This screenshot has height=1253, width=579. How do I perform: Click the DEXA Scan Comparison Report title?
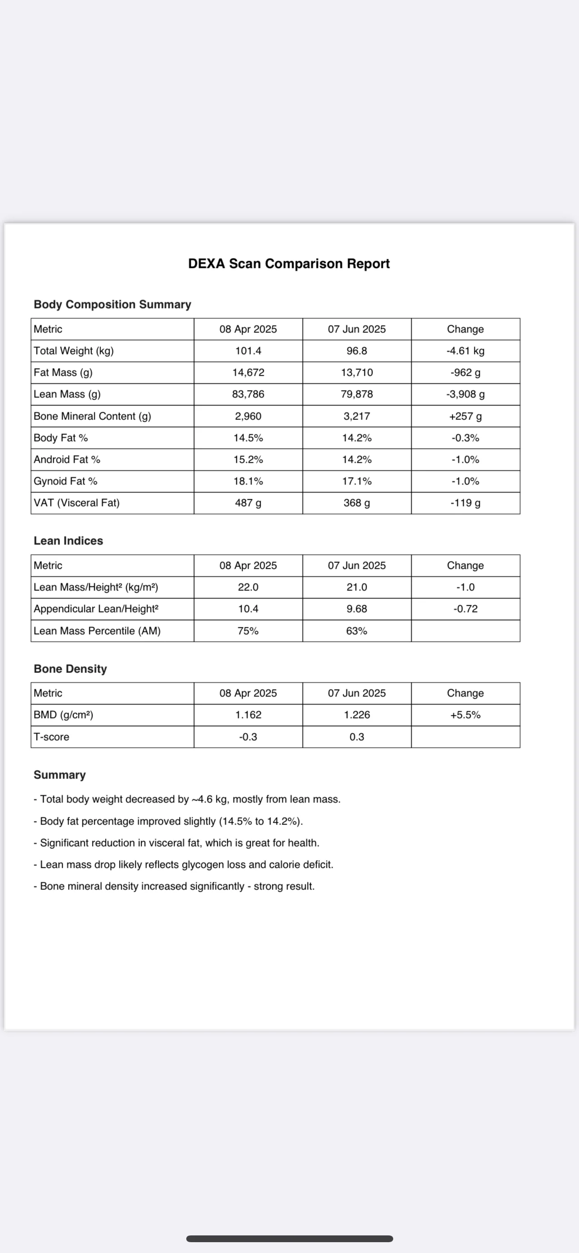tap(289, 264)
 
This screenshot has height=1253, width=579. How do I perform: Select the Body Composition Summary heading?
tap(112, 304)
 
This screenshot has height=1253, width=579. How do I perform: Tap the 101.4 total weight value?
tap(248, 351)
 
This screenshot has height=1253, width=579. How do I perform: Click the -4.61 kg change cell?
tap(465, 351)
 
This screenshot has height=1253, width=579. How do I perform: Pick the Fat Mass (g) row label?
tap(63, 373)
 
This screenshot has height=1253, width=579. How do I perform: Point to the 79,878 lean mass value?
tap(357, 394)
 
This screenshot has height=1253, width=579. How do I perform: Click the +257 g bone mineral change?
tap(465, 416)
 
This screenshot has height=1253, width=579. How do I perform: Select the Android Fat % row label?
tap(67, 460)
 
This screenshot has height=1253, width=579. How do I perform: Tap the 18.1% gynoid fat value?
tap(248, 481)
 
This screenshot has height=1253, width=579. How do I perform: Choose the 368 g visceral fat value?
tap(357, 503)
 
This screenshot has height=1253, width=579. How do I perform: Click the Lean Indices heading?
tap(69, 541)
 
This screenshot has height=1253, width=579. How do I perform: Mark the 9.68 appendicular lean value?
tap(357, 609)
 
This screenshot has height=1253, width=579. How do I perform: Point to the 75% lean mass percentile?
tap(248, 631)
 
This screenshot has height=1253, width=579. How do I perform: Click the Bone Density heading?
tap(70, 669)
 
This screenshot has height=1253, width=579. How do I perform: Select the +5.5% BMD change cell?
tap(465, 715)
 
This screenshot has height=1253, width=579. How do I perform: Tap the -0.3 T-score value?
tap(248, 737)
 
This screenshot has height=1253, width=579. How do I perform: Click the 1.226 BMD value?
tap(357, 715)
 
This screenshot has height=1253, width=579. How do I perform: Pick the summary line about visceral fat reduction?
tap(176, 843)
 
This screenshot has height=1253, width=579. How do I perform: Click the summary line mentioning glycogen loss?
tap(183, 864)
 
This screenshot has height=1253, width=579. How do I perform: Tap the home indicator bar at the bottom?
tap(289, 1239)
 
